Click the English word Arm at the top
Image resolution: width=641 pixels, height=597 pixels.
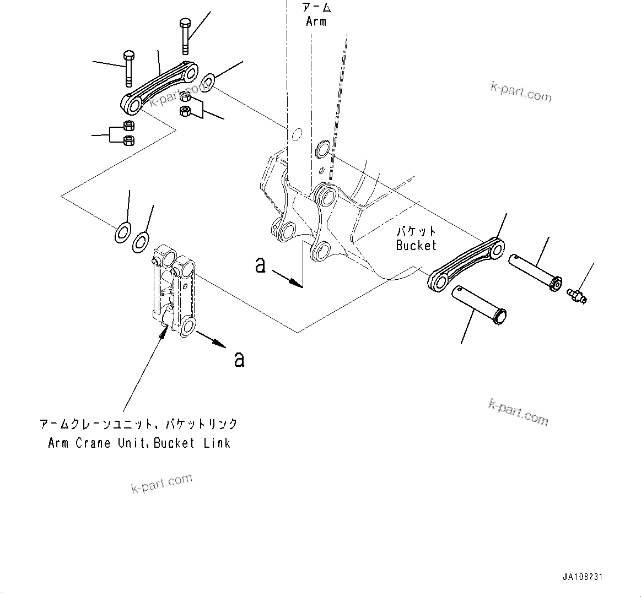pyautogui.click(x=316, y=21)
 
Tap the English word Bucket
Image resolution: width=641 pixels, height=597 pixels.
pyautogui.click(x=416, y=245)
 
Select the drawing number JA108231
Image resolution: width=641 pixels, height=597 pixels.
pyautogui.click(x=583, y=577)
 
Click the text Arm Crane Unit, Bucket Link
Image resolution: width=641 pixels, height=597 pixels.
pyautogui.click(x=139, y=443)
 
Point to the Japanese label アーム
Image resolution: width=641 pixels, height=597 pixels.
pyautogui.click(x=315, y=8)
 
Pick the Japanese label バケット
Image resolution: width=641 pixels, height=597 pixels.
pyautogui.click(x=416, y=231)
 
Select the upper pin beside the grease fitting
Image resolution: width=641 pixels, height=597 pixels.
pyautogui.click(x=535, y=272)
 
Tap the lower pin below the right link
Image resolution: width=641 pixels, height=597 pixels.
pyautogui.click(x=479, y=305)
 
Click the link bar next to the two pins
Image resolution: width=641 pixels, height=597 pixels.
pyautogui.click(x=466, y=263)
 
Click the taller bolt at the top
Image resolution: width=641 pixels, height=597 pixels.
pyautogui.click(x=185, y=36)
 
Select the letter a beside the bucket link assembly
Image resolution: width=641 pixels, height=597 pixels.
pyautogui.click(x=239, y=359)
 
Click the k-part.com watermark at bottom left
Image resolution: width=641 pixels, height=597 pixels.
pyautogui.click(x=161, y=483)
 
